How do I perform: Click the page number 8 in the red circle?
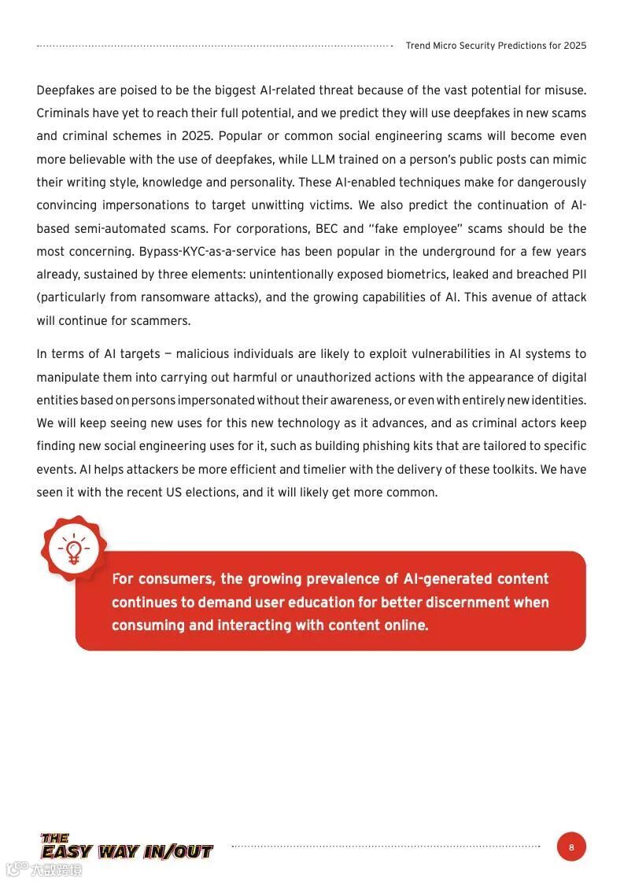coord(571,847)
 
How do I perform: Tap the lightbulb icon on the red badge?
coord(74,550)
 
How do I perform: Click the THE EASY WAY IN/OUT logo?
coord(127,847)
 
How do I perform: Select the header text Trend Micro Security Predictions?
coord(496,46)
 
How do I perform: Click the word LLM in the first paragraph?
coord(323,160)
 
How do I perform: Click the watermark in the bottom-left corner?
coord(44,869)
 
